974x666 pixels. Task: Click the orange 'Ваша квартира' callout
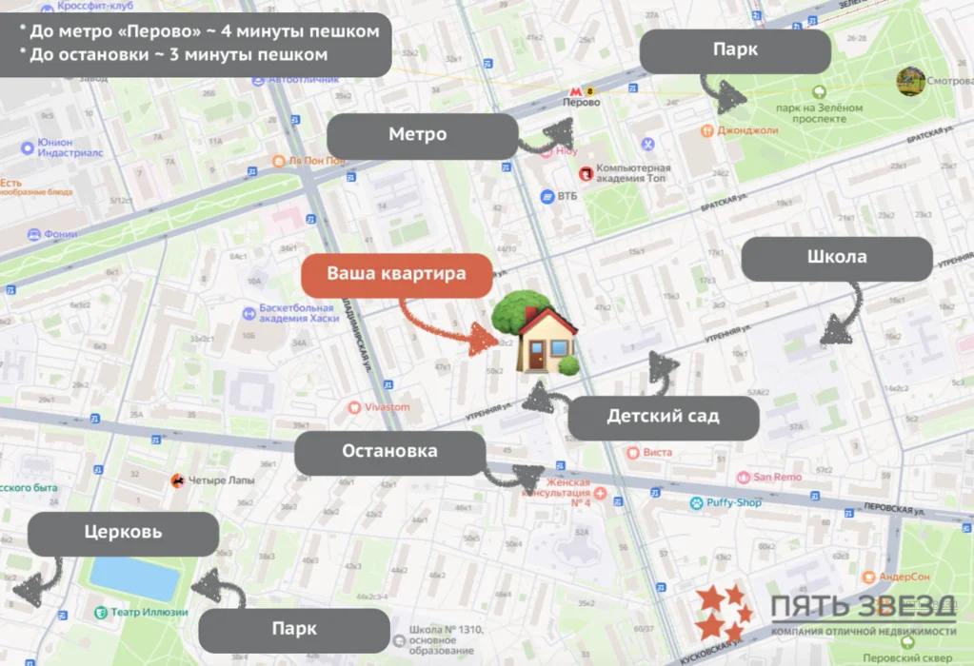click(x=397, y=274)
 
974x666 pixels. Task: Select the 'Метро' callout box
click(x=418, y=134)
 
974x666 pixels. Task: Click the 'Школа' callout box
click(x=836, y=258)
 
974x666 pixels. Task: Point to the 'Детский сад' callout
click(x=663, y=417)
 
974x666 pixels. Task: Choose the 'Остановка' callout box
click(x=389, y=452)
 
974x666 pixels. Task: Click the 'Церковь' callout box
click(x=123, y=533)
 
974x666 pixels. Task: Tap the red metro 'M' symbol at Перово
click(x=569, y=88)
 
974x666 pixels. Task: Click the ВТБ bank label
click(x=568, y=197)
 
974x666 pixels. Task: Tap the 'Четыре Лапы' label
click(x=221, y=480)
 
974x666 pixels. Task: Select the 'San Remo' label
click(x=777, y=477)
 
